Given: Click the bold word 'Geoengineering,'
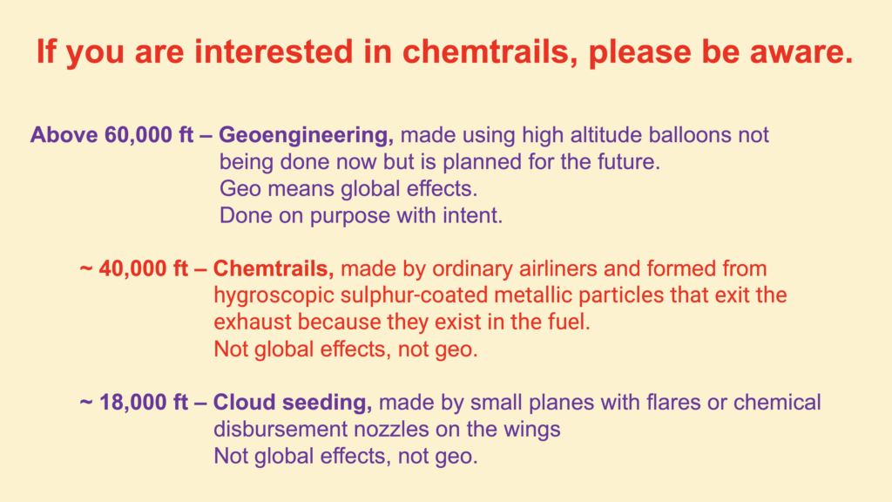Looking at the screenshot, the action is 306,135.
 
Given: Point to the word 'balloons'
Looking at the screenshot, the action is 690,135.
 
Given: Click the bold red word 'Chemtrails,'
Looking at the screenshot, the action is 273,268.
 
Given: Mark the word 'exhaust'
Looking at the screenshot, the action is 253,322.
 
